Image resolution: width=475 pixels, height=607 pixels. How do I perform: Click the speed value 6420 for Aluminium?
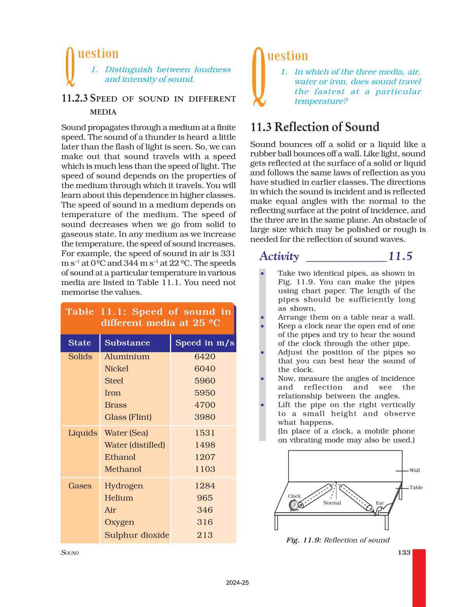(205, 356)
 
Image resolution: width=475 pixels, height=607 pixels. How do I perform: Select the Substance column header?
(127, 343)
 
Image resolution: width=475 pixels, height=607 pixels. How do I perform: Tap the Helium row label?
(119, 498)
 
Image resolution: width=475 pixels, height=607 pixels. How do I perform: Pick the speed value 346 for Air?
(205, 510)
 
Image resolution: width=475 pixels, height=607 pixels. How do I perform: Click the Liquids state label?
(83, 433)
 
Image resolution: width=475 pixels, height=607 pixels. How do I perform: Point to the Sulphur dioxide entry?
(137, 535)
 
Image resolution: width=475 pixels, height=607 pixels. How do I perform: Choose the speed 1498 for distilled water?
(205, 445)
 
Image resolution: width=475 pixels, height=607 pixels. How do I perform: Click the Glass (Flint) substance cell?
(128, 417)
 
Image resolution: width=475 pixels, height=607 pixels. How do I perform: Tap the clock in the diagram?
(294, 505)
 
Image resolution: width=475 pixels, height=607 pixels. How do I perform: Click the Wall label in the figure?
(414, 470)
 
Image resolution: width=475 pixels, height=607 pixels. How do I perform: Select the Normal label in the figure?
(332, 503)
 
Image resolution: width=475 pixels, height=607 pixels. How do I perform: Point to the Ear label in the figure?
(380, 503)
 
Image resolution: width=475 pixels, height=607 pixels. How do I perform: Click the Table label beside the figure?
(416, 488)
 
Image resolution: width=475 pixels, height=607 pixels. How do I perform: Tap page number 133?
(404, 552)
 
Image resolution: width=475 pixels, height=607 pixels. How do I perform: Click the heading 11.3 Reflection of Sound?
(315, 127)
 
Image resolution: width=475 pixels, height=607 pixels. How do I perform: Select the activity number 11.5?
(400, 256)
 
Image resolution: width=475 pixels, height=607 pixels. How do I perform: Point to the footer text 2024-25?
(237, 583)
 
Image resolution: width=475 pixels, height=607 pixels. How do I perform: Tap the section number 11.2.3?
(75, 99)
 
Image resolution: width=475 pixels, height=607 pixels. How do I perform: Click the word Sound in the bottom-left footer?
(70, 553)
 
